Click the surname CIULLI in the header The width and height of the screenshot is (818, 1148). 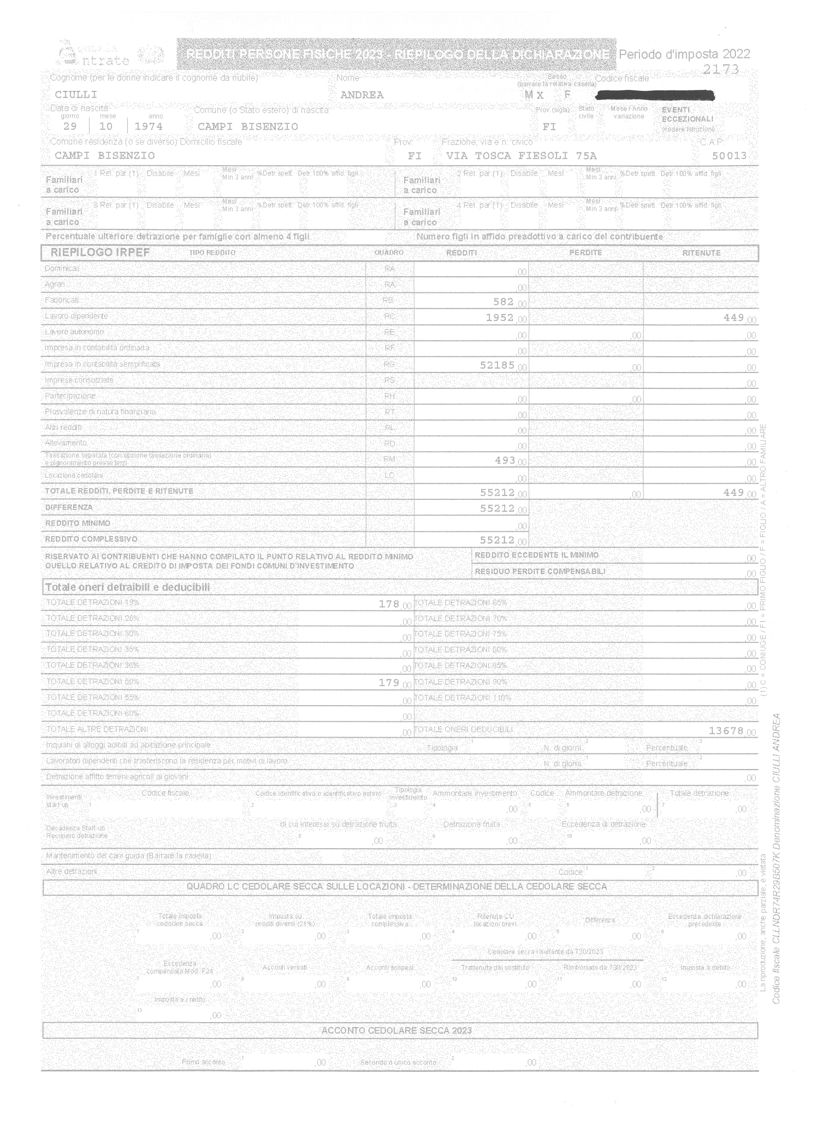coord(76,95)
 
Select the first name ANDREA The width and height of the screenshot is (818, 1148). coord(362,95)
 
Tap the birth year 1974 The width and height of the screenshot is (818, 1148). coord(148,126)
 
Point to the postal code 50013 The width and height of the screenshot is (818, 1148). coord(729,156)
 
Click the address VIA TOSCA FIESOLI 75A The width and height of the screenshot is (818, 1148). coord(521,156)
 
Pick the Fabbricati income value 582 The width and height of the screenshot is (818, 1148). coord(503,302)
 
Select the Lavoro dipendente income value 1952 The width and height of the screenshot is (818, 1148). coord(499,317)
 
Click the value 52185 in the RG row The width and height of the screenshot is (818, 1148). coord(497,365)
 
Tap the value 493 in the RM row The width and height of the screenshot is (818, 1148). coord(504,460)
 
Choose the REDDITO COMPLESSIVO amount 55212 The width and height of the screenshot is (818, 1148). coord(497,540)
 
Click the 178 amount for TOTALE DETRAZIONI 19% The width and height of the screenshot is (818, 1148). coord(388,603)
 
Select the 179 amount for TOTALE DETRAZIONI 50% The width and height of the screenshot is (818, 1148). coord(388,682)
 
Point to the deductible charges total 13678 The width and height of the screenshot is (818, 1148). coord(726,730)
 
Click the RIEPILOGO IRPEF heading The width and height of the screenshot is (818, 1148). coord(100,252)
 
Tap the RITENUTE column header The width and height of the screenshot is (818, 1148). coord(701,253)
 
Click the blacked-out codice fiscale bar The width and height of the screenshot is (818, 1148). coord(655,95)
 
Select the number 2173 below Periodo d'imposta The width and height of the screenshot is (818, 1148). coord(720,69)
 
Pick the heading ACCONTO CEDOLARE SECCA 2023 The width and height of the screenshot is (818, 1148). coord(396,1030)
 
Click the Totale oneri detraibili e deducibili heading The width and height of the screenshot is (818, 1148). coord(127,587)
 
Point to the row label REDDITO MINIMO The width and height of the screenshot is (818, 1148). coord(78,523)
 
